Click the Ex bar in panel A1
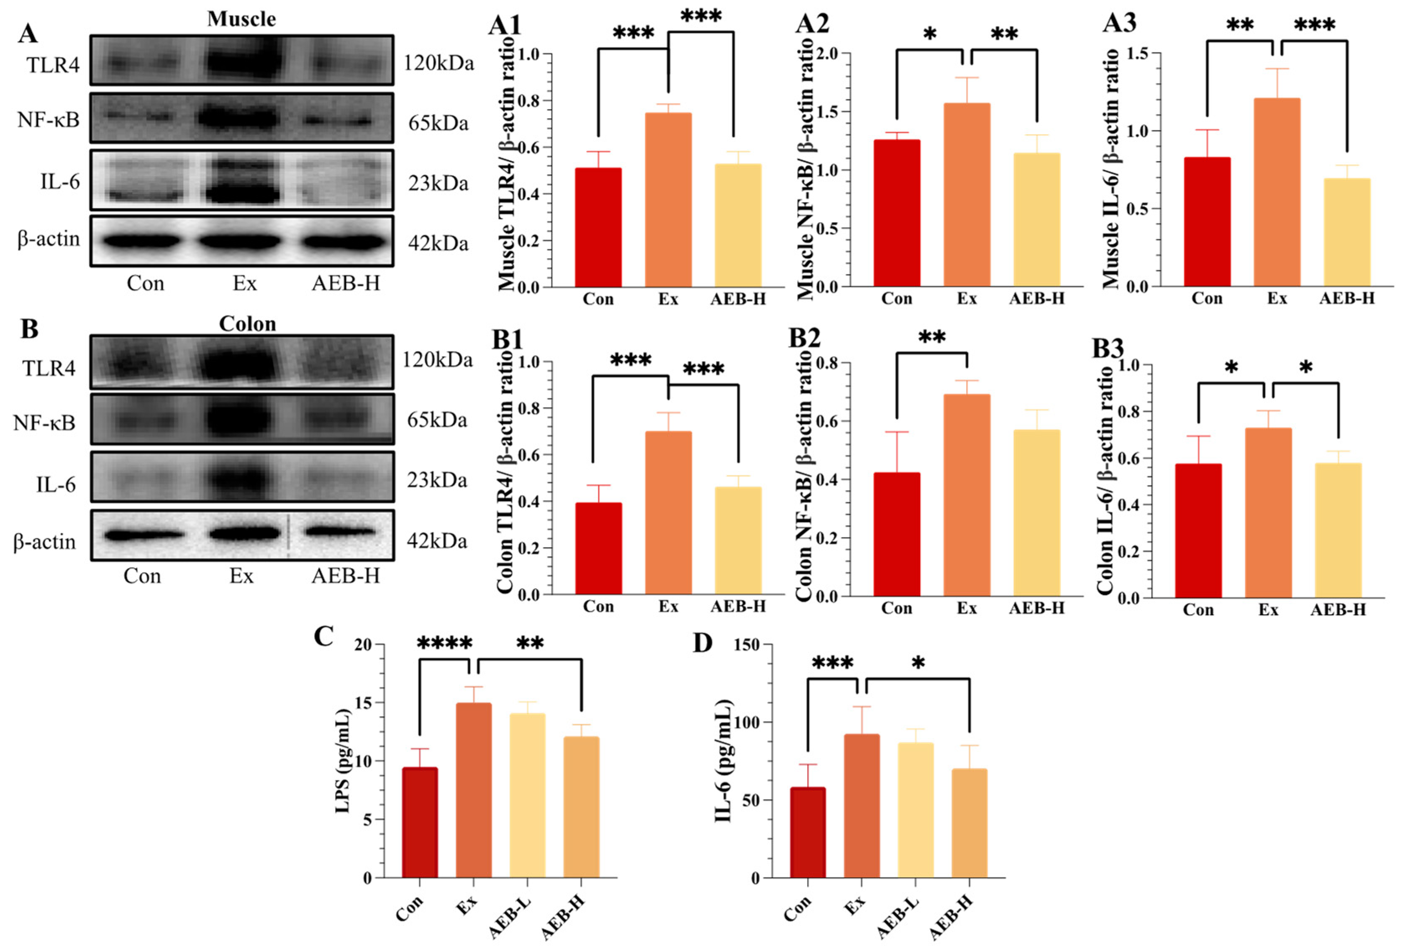pyautogui.click(x=668, y=199)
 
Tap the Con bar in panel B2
pyautogui.click(x=897, y=534)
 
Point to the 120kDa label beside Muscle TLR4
pyautogui.click(x=438, y=63)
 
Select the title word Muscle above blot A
pyautogui.click(x=241, y=19)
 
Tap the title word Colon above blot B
pyautogui.click(x=247, y=324)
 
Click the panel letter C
pyautogui.click(x=323, y=636)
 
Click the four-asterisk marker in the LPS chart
pyautogui.click(x=444, y=643)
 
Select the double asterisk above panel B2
pyautogui.click(x=931, y=337)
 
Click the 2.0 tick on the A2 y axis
pyautogui.click(x=827, y=54)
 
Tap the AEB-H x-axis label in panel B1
pyautogui.click(x=738, y=606)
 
